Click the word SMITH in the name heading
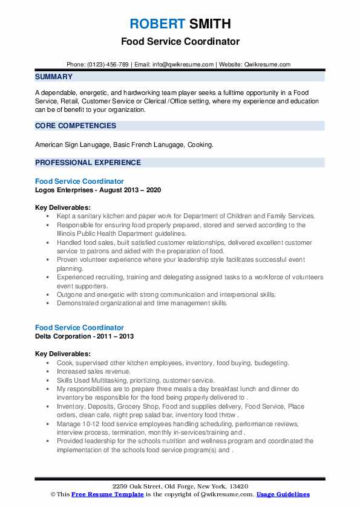[x=209, y=24]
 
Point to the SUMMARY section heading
[x=54, y=77]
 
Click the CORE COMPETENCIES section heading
[x=76, y=126]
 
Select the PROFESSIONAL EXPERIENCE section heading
[x=88, y=163]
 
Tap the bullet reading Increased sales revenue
[x=93, y=371]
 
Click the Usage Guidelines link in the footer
[x=283, y=494]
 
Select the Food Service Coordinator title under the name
[x=180, y=42]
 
